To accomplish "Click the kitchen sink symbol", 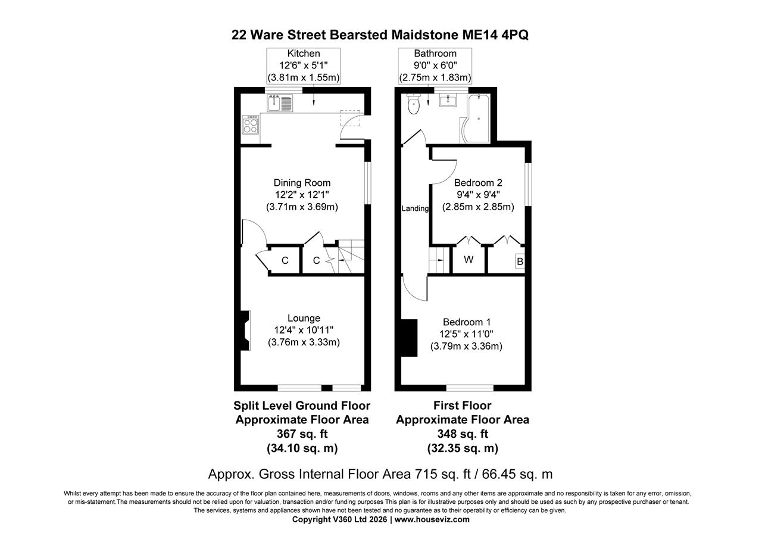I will click(280, 103).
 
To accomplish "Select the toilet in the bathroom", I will click(413, 105).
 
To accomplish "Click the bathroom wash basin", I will click(448, 101).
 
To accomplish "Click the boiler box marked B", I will click(520, 261).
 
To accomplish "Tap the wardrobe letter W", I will click(469, 260).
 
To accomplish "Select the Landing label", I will click(415, 208).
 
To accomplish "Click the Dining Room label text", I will click(302, 183).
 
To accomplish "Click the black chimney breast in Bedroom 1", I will click(409, 338).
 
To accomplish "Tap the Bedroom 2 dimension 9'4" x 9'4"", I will click(478, 195).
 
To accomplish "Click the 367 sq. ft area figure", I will click(302, 434).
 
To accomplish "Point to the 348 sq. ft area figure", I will click(463, 434).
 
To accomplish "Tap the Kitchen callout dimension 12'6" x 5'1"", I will click(304, 66).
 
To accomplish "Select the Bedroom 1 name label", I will click(467, 322).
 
